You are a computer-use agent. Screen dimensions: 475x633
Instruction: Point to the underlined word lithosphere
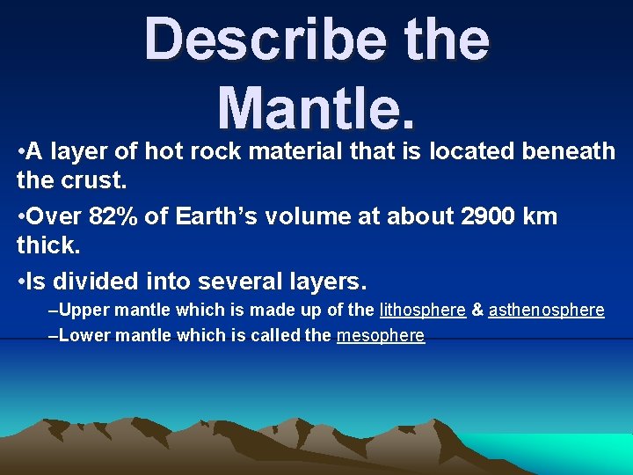click(x=422, y=310)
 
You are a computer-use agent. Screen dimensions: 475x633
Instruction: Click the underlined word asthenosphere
click(x=546, y=310)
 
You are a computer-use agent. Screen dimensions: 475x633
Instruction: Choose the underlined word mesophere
click(x=380, y=335)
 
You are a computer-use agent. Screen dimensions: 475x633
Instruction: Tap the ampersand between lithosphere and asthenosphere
click(x=477, y=310)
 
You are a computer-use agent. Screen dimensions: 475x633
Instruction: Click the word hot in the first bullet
click(x=164, y=151)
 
